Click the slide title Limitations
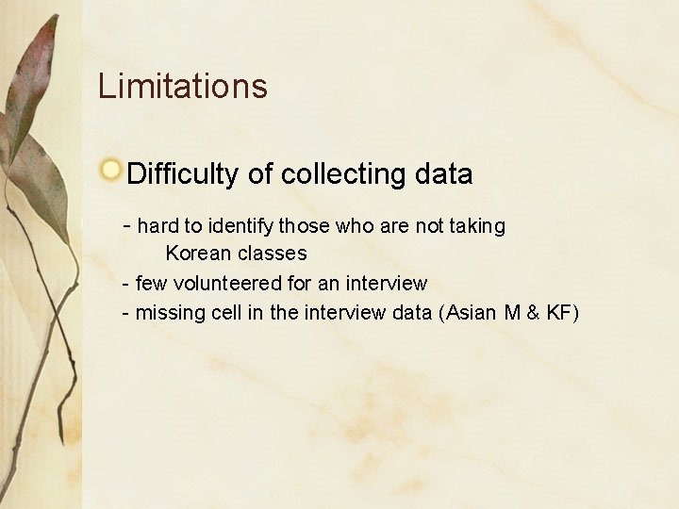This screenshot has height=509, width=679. coord(183,87)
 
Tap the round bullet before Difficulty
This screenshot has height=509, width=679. coord(111,171)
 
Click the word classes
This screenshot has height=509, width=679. coord(273,254)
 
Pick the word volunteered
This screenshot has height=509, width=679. coord(217,283)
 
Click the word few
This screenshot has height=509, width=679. coord(151,283)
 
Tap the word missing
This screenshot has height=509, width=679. coord(168,312)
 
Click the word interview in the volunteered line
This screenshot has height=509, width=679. coord(387,283)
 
